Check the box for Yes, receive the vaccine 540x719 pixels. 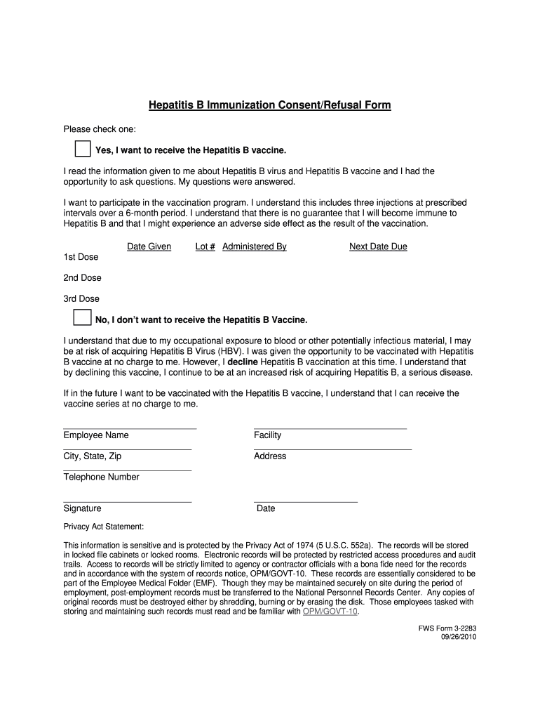pos(83,149)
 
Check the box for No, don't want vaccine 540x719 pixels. pos(83,317)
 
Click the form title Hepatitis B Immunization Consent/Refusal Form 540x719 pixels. pos(270,105)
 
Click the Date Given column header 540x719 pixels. pos(149,247)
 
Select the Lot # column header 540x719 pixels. pos(205,247)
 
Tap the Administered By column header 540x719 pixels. pos(255,247)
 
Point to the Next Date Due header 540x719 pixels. pos(378,247)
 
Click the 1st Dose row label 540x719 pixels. pos(81,257)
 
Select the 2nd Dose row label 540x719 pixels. pos(82,278)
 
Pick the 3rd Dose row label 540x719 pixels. pos(81,299)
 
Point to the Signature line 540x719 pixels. pos(127,501)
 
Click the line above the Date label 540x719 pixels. pos(305,501)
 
